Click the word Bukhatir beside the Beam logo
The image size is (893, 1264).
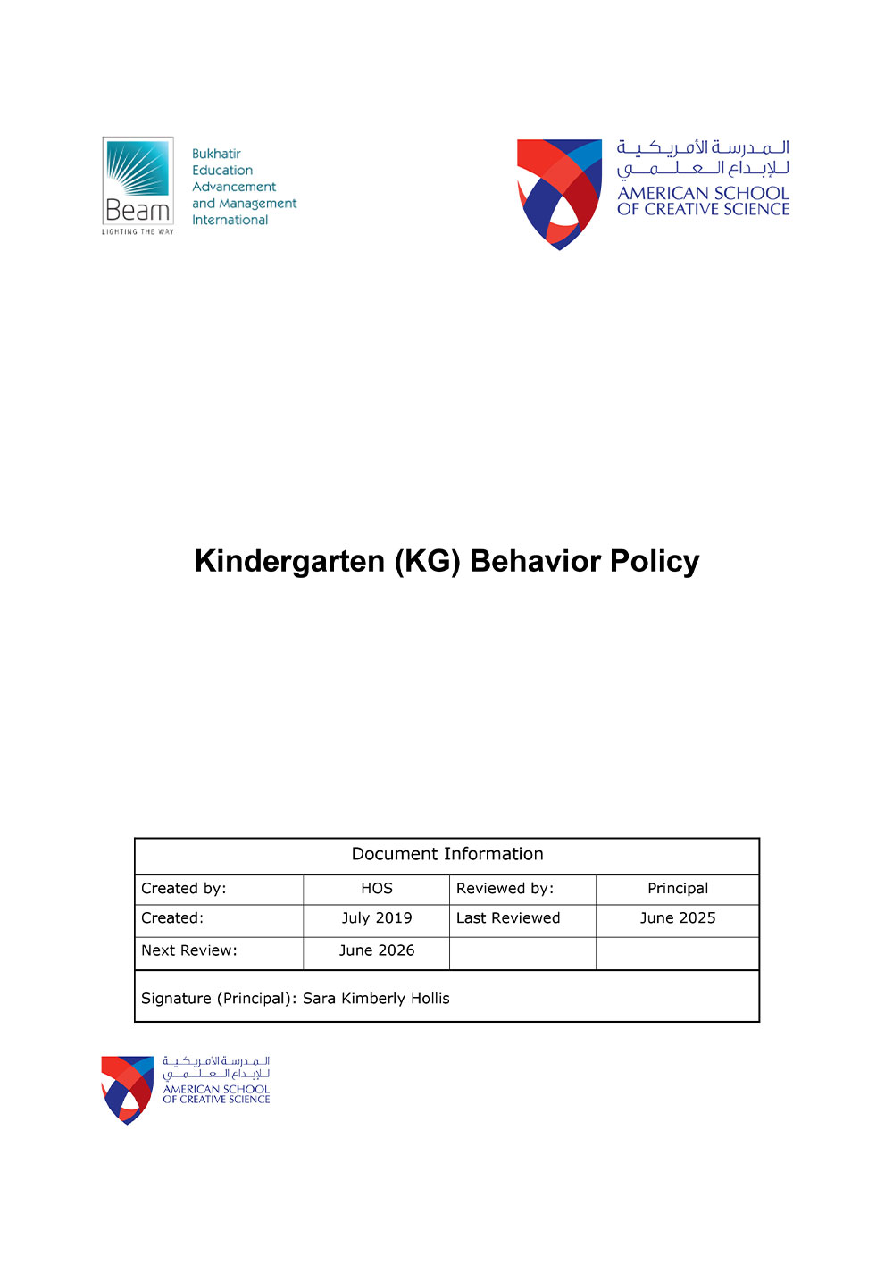(x=216, y=154)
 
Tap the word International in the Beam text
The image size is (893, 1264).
(x=230, y=220)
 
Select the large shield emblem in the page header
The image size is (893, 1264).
(x=560, y=193)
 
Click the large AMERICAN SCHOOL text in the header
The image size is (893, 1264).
(x=703, y=193)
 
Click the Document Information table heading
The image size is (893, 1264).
(x=446, y=854)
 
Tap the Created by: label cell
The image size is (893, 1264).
(x=184, y=888)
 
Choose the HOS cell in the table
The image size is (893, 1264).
(x=376, y=888)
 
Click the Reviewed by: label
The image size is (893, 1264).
(x=505, y=888)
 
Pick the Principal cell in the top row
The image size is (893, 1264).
(x=677, y=888)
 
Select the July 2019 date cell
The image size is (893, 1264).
(x=376, y=917)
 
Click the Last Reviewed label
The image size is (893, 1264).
(x=507, y=917)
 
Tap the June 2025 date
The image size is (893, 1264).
(x=677, y=917)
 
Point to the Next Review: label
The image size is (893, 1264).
(x=189, y=950)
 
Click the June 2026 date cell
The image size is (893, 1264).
(x=376, y=950)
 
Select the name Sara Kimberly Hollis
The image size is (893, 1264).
(x=376, y=998)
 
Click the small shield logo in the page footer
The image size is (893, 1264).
(x=128, y=1089)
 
